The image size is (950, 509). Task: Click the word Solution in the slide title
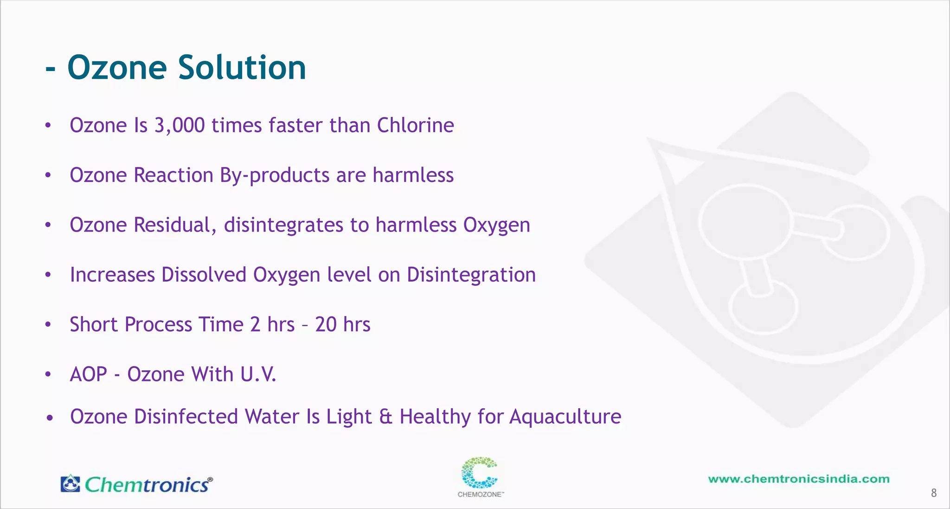click(242, 68)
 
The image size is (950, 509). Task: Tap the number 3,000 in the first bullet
click(179, 125)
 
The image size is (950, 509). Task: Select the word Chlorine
click(415, 125)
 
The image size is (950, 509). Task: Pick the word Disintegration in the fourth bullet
click(471, 275)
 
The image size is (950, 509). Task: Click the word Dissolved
click(204, 275)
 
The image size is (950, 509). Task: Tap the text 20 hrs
click(342, 324)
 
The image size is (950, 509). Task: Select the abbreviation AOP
click(88, 374)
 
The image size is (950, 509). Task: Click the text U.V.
click(258, 374)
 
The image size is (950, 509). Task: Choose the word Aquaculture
click(565, 417)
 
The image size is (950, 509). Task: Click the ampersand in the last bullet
click(385, 417)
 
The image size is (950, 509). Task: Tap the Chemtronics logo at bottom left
click(137, 484)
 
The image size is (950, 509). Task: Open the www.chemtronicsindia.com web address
click(798, 479)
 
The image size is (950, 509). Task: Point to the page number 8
click(934, 493)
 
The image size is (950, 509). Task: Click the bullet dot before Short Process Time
click(48, 324)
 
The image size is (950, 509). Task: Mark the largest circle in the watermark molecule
click(744, 222)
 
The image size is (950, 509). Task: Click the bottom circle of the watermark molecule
click(763, 307)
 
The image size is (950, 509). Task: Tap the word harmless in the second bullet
click(413, 175)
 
